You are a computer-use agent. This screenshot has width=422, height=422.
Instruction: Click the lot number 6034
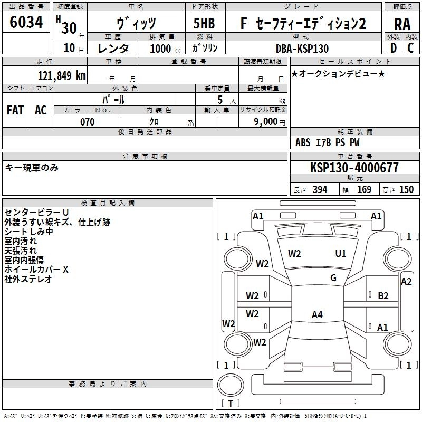tap(26, 22)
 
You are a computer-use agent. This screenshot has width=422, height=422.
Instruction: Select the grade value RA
tap(402, 24)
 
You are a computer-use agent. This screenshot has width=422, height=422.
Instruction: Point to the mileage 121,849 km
tap(62, 76)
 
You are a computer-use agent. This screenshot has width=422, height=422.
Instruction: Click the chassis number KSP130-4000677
tap(354, 168)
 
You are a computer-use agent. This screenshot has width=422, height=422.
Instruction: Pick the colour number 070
tap(87, 122)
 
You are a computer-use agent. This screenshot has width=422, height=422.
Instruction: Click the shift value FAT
tap(15, 110)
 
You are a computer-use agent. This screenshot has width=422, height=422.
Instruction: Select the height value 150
tap(406, 190)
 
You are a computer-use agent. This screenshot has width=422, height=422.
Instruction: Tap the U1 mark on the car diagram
tap(341, 254)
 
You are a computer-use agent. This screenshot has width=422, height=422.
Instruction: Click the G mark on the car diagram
tap(333, 278)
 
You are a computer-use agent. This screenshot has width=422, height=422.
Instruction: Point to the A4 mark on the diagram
tap(316, 315)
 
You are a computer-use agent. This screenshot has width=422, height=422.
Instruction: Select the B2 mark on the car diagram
tap(383, 295)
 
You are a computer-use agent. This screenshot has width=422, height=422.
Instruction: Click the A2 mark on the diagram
tap(406, 282)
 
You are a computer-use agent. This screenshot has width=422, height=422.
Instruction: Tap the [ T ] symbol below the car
tap(230, 404)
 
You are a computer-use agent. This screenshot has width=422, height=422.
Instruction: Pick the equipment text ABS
tap(303, 142)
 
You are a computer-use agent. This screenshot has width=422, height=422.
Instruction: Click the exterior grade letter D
tap(393, 49)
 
